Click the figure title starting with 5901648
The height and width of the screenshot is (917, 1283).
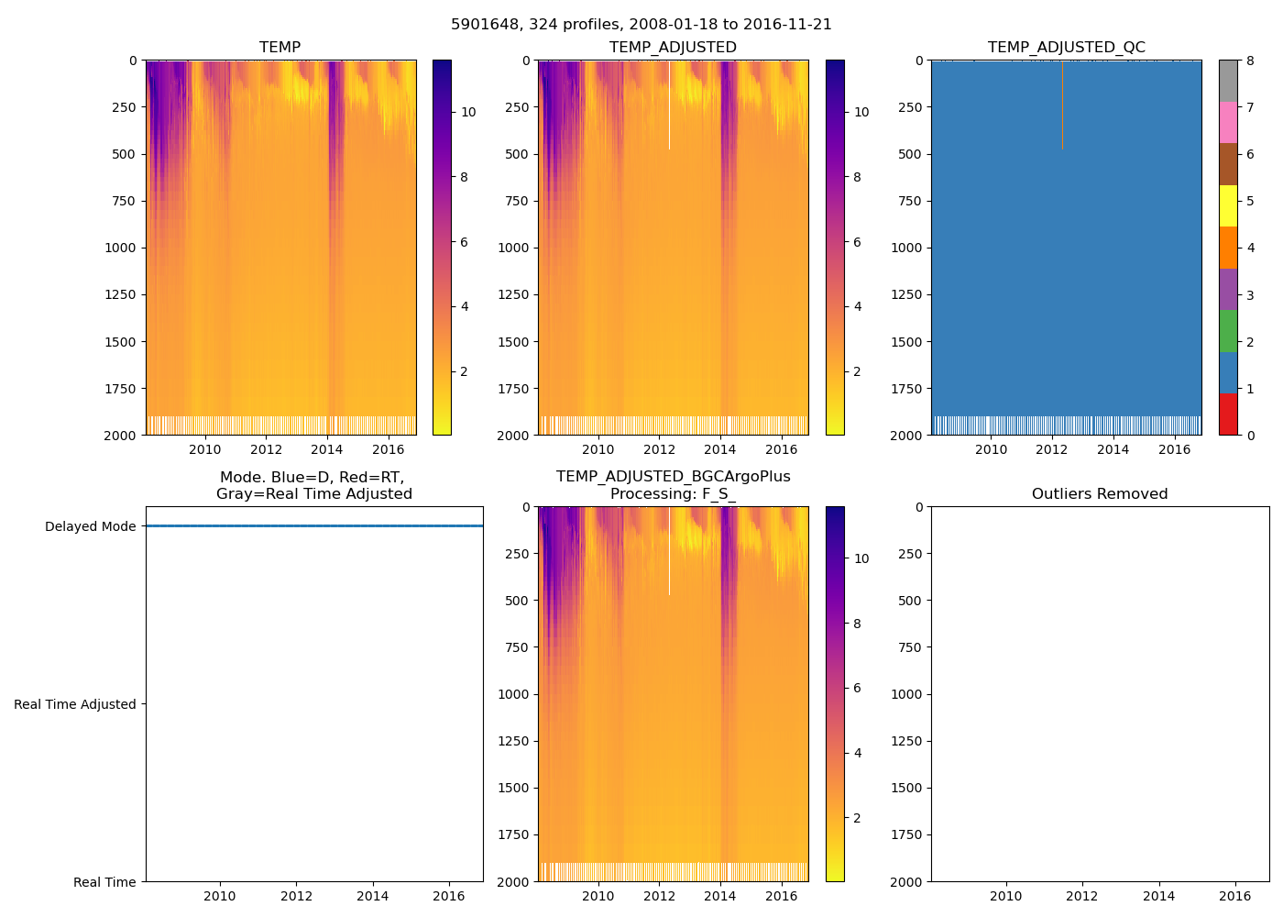pyautogui.click(x=641, y=25)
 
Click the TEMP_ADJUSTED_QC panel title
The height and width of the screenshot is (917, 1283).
pyautogui.click(x=1066, y=48)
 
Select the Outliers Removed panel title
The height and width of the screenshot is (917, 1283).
pyautogui.click(x=1099, y=494)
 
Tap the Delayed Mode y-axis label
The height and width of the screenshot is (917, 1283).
pyautogui.click(x=90, y=526)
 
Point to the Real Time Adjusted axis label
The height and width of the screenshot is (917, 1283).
pyautogui.click(x=74, y=704)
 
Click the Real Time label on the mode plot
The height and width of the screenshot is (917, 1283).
pyautogui.click(x=104, y=882)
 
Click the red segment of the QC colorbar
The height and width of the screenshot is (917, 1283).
pyautogui.click(x=1228, y=414)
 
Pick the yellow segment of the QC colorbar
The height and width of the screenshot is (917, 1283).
pyautogui.click(x=1228, y=205)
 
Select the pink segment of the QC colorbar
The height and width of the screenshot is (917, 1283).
pyautogui.click(x=1228, y=122)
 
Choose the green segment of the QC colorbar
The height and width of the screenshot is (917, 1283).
pyautogui.click(x=1228, y=330)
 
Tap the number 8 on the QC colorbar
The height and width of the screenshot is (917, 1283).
pyautogui.click(x=1250, y=61)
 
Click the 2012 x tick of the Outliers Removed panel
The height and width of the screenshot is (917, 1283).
pyautogui.click(x=1082, y=896)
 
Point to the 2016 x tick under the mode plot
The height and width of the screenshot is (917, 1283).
pyautogui.click(x=449, y=896)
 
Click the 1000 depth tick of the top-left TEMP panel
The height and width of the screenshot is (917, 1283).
pyautogui.click(x=119, y=248)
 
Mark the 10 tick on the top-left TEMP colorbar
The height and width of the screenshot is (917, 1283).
pyautogui.click(x=468, y=112)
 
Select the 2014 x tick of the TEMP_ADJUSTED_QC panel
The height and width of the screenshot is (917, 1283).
pyautogui.click(x=1113, y=449)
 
